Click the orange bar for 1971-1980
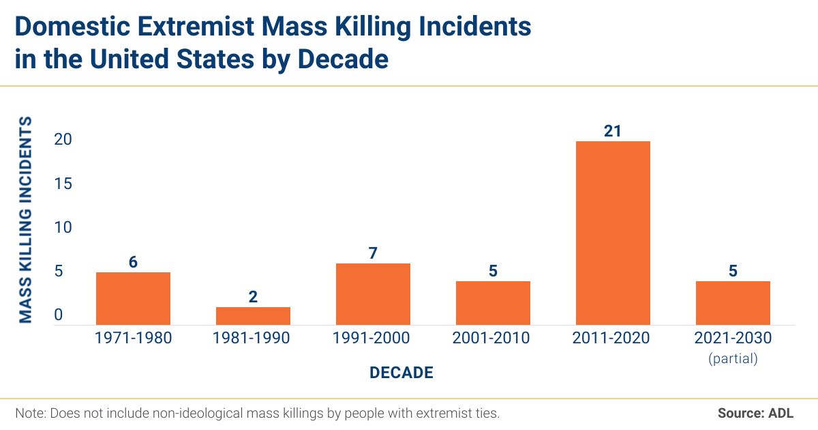click(x=133, y=298)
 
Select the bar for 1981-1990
click(x=253, y=315)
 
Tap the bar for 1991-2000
click(x=373, y=293)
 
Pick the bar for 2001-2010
click(x=493, y=302)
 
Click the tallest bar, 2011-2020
click(x=613, y=232)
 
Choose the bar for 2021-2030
click(x=733, y=302)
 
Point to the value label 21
click(x=613, y=130)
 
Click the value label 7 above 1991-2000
click(x=373, y=253)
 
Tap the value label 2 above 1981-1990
click(x=253, y=297)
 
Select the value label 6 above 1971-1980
click(x=133, y=262)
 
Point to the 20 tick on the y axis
click(x=63, y=139)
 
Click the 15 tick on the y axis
click(x=63, y=184)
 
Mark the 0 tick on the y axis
click(x=59, y=315)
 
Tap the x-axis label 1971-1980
click(x=133, y=338)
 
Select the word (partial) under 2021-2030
click(x=733, y=358)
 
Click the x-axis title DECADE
click(x=402, y=373)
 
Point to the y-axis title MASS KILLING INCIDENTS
click(x=25, y=219)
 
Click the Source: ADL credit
click(x=755, y=413)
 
